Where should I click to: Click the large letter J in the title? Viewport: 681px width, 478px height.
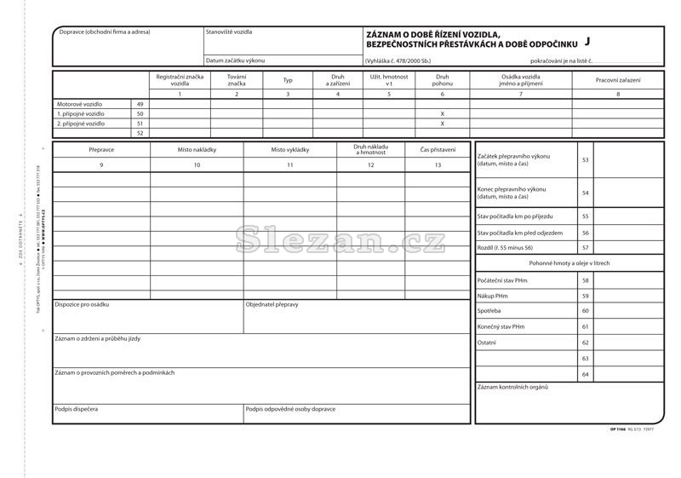(588, 40)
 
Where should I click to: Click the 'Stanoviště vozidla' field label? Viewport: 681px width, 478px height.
(229, 32)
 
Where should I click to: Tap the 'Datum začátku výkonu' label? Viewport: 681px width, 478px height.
(235, 60)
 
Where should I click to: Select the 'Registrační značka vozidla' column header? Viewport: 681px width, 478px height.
(180, 80)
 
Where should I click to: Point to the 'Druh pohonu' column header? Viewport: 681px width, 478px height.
(442, 80)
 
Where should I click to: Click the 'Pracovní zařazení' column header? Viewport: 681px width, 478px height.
(618, 80)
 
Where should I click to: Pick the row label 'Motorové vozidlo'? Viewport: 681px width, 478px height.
(79, 104)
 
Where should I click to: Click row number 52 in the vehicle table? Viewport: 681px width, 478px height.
(140, 133)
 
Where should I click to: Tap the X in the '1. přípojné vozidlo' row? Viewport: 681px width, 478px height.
(442, 113)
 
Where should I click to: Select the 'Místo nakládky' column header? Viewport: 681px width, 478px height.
(197, 150)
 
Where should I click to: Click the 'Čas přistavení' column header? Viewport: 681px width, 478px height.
(438, 150)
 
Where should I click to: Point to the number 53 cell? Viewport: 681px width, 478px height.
(585, 160)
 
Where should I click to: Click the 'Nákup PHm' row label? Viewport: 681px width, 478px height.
(492, 296)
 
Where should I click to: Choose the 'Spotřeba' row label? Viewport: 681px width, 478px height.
(489, 311)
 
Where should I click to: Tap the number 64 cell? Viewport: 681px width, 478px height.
(585, 374)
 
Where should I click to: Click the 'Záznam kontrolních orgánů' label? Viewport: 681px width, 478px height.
(512, 388)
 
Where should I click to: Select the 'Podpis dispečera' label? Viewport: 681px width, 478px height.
(76, 409)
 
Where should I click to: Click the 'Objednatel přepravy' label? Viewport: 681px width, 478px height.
(272, 304)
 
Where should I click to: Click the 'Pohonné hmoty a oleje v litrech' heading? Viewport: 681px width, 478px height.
(568, 263)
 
